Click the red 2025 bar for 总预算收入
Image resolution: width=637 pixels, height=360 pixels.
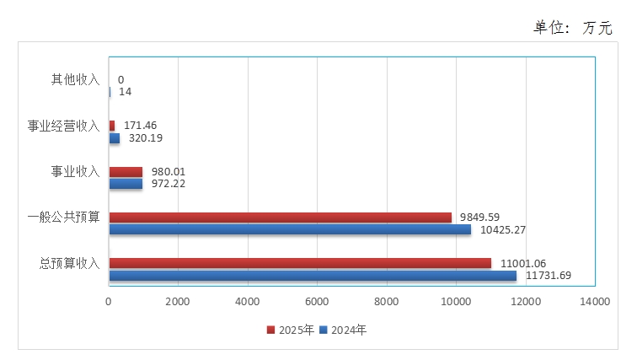pyautogui.click(x=300, y=263)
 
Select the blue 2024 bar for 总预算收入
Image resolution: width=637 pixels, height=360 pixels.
pyautogui.click(x=313, y=275)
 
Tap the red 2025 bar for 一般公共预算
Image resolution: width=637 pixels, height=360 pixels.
pyautogui.click(x=280, y=218)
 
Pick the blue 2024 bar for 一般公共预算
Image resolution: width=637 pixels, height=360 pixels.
pyautogui.click(x=290, y=229)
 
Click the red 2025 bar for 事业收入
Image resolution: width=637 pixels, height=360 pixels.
pyautogui.click(x=126, y=172)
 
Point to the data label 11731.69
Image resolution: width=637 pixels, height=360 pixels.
pyautogui.click(x=548, y=276)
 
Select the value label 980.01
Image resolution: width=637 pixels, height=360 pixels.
pyautogui.click(x=169, y=172)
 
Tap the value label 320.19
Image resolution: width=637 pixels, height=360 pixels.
pyautogui.click(x=146, y=138)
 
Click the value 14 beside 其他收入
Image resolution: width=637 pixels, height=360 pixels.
pyautogui.click(x=125, y=92)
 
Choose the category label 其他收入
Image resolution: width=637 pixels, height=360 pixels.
pyautogui.click(x=75, y=80)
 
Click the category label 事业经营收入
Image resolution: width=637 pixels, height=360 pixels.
pyautogui.click(x=63, y=126)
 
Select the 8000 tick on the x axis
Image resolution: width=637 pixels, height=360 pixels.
pyautogui.click(x=387, y=301)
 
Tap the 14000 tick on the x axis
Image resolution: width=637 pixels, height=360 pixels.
pyautogui.click(x=595, y=301)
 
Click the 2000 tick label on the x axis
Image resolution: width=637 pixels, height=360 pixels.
pyautogui.click(x=178, y=301)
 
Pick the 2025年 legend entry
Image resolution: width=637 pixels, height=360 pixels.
pyautogui.click(x=292, y=330)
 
